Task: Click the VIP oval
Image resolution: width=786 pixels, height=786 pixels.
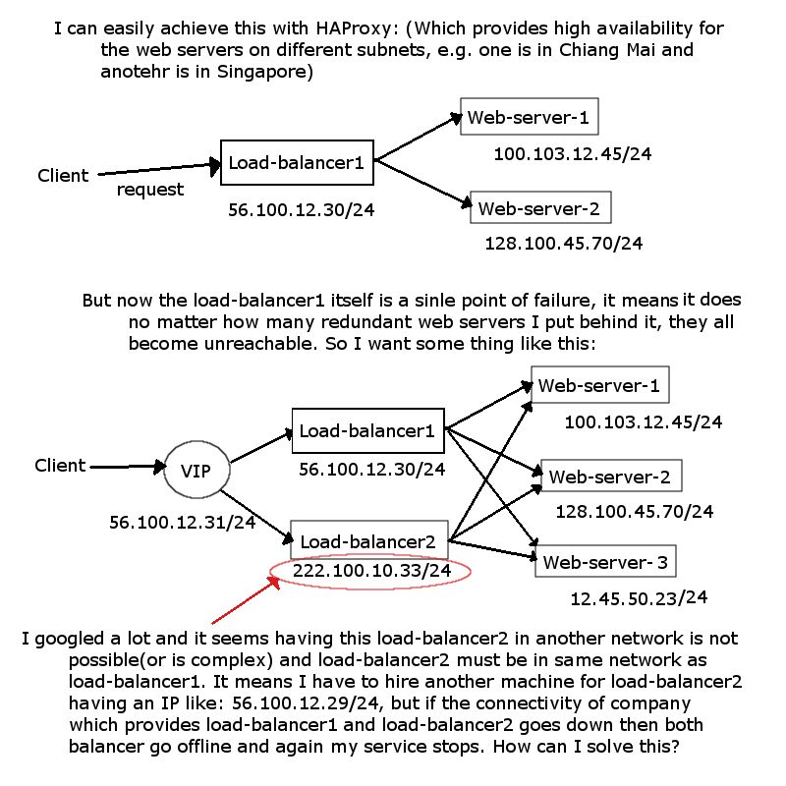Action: click(196, 471)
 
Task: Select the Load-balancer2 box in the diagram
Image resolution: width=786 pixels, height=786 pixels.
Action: click(368, 540)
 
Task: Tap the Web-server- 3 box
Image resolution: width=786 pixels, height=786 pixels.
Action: click(605, 562)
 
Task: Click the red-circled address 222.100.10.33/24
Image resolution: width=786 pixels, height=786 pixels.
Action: click(372, 571)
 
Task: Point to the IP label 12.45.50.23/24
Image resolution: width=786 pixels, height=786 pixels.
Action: click(639, 597)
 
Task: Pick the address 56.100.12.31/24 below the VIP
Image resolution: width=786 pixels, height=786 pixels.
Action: click(182, 523)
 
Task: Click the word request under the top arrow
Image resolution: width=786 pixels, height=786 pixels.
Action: click(150, 190)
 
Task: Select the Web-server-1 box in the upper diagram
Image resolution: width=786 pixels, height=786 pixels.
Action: click(529, 119)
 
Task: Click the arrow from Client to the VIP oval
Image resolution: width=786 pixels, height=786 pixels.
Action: click(126, 466)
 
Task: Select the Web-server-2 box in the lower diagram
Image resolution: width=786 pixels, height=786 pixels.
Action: click(609, 477)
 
